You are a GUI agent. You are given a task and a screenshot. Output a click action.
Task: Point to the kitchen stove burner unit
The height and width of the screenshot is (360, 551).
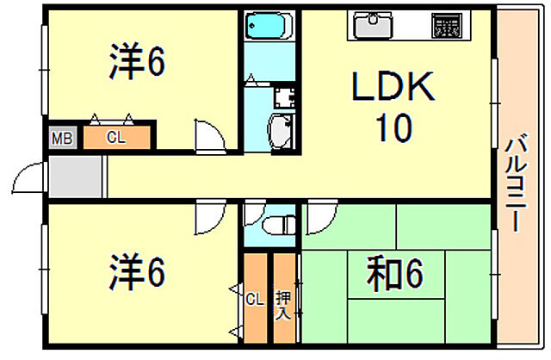(x=447, y=24)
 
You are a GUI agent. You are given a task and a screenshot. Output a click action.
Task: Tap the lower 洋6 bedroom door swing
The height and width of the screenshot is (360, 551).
(x=208, y=219)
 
